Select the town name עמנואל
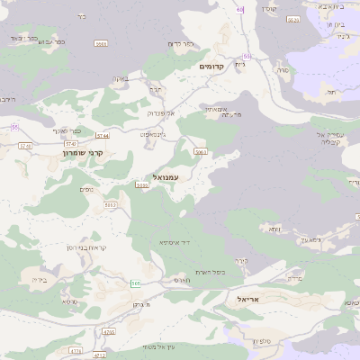tap(166, 177)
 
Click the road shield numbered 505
tap(136, 283)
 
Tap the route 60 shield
tap(240, 9)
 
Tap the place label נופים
tap(86, 188)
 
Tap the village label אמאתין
tap(213, 109)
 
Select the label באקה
tap(119, 79)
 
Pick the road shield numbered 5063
tap(201, 154)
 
